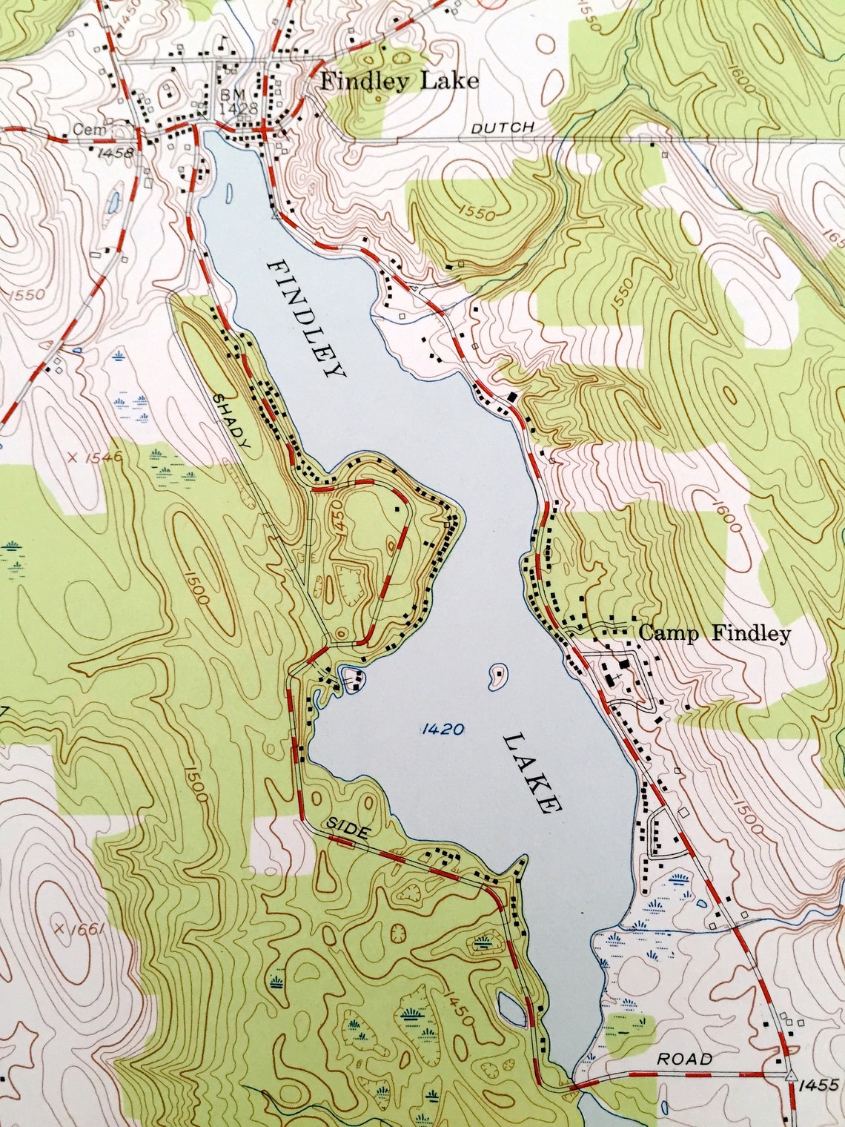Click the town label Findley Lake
click(x=399, y=81)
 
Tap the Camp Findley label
click(x=715, y=633)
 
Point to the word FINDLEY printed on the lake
click(x=305, y=319)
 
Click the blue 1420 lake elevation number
click(x=442, y=730)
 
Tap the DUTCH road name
click(x=503, y=128)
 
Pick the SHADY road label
click(x=233, y=420)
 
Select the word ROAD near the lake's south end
click(x=684, y=1059)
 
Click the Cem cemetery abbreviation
click(x=85, y=130)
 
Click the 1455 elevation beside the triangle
click(x=818, y=1085)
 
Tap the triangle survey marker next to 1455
click(x=791, y=1074)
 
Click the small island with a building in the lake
click(x=497, y=675)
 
